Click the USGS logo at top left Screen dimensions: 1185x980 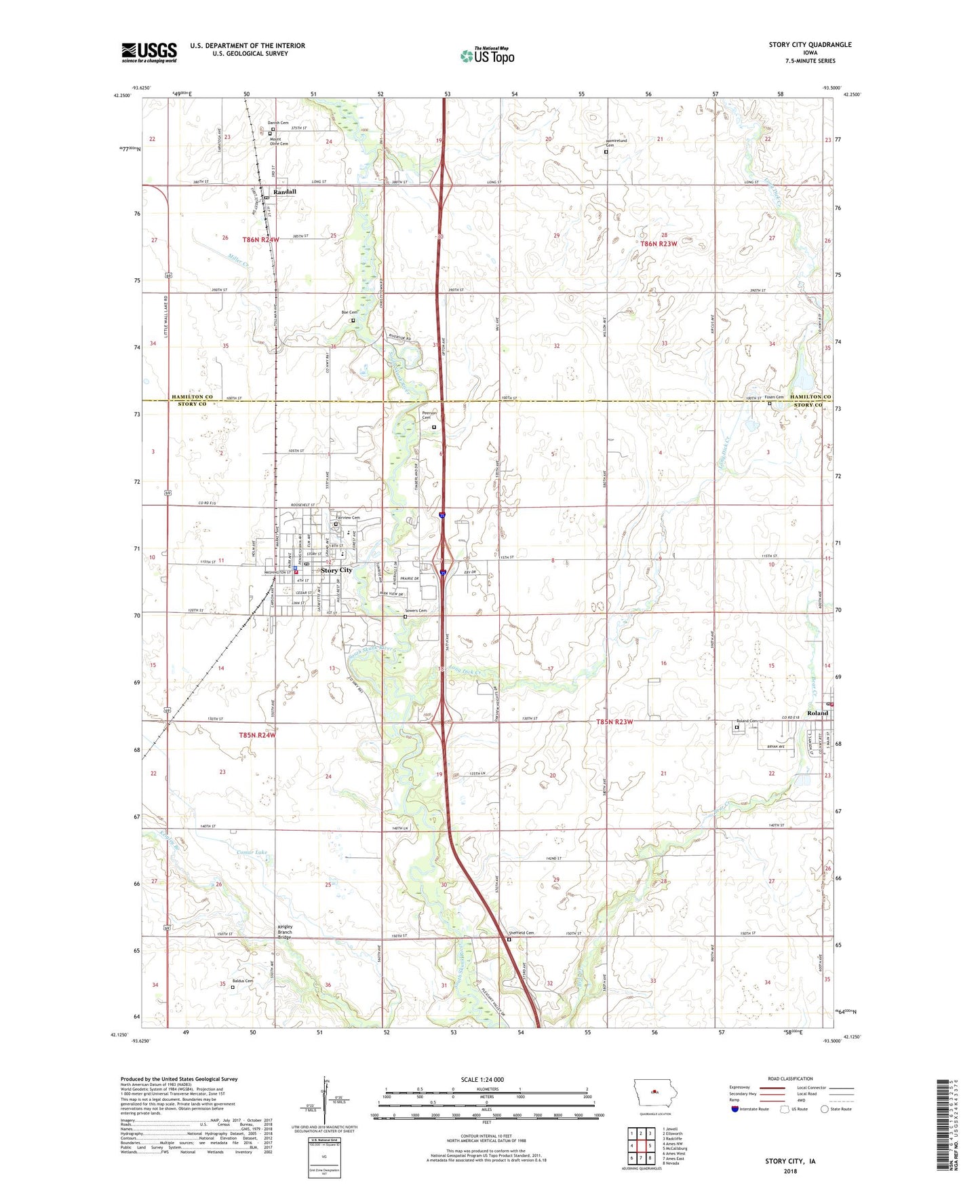[149, 52]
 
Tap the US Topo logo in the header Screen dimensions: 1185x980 [487, 56]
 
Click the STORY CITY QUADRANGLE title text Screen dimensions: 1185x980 [810, 45]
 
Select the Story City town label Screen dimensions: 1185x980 [336, 570]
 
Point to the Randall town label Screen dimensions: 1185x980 [285, 192]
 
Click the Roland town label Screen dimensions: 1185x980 [817, 713]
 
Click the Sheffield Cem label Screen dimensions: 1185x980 [522, 933]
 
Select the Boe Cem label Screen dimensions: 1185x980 [349, 312]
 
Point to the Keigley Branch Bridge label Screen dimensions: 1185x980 [285, 932]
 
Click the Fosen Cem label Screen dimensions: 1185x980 [774, 397]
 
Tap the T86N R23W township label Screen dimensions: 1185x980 [659, 244]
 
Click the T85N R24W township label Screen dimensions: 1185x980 [258, 735]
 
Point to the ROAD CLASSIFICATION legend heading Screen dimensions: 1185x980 [789, 1078]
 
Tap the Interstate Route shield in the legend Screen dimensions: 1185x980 [735, 1110]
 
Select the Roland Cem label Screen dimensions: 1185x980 [747, 721]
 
